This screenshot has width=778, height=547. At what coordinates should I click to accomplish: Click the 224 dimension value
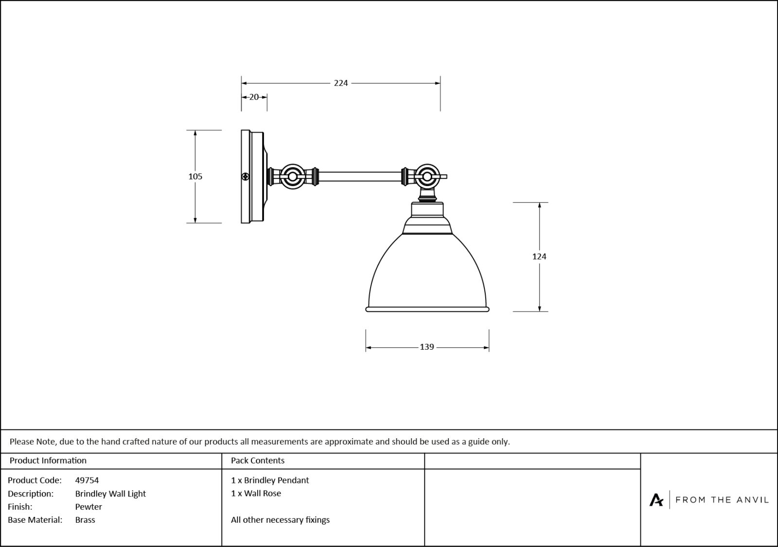click(341, 83)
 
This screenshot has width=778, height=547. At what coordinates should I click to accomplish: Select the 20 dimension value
click(254, 97)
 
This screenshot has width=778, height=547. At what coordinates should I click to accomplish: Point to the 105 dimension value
click(195, 176)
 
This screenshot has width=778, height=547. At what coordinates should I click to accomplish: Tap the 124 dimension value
click(539, 256)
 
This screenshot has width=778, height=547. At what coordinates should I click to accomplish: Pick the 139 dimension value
click(426, 347)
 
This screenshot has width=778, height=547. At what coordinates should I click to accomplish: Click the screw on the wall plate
click(246, 177)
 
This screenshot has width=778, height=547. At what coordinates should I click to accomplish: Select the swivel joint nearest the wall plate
click(292, 176)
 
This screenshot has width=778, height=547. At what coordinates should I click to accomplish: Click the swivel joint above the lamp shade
click(426, 176)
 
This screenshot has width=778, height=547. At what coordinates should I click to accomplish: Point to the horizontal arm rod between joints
click(360, 176)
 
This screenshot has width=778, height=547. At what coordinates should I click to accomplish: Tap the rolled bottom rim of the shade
click(427, 309)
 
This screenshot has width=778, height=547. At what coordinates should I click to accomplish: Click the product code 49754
click(87, 480)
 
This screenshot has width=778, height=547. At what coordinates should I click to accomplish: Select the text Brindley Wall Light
click(110, 494)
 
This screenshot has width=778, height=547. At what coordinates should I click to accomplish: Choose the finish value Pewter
click(88, 507)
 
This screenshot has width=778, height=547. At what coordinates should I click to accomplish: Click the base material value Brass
click(85, 520)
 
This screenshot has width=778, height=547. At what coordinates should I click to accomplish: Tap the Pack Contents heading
click(258, 461)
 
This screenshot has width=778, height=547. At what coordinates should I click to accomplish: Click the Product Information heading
click(48, 461)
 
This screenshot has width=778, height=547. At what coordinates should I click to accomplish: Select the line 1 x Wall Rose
click(256, 494)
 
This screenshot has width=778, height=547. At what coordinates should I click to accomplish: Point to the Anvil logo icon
click(656, 499)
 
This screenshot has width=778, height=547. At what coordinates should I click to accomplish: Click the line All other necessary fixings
click(280, 520)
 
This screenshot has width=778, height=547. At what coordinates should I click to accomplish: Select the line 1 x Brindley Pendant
click(270, 480)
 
